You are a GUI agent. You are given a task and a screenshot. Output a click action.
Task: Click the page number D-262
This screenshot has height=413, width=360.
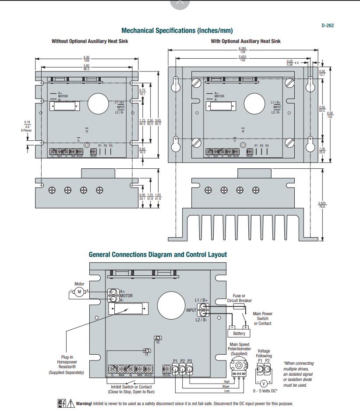click(x=327, y=25)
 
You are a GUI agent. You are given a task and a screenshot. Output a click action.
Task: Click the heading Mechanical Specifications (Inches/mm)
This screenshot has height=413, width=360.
click(x=177, y=31)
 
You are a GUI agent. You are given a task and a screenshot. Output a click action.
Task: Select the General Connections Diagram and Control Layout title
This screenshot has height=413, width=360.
click(x=158, y=254)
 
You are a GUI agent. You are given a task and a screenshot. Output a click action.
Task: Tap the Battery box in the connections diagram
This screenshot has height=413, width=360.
click(x=239, y=334)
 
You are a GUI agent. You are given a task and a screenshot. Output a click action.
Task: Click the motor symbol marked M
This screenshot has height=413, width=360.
click(x=79, y=292)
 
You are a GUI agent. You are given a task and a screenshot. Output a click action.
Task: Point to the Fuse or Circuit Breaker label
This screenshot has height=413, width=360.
click(x=239, y=298)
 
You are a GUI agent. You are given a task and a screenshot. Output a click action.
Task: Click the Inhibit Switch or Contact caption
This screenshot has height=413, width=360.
click(x=131, y=389)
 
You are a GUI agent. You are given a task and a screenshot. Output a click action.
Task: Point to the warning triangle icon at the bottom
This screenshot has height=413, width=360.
click(x=71, y=404)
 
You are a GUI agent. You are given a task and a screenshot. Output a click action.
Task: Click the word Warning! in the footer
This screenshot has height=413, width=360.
click(x=84, y=404)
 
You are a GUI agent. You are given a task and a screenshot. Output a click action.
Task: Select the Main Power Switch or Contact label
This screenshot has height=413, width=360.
click(x=263, y=319)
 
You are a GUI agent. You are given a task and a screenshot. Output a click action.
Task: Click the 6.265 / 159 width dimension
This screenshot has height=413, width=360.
click(x=242, y=50)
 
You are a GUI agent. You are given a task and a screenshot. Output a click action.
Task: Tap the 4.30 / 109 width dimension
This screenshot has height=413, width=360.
click(x=86, y=59)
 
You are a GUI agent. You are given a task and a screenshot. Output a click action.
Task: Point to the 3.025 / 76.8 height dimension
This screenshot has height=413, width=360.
click(x=322, y=205)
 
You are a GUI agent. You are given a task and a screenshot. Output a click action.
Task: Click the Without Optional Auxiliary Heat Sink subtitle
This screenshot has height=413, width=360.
click(x=90, y=41)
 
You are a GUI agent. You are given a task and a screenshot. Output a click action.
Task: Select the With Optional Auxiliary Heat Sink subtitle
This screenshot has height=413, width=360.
click(x=246, y=41)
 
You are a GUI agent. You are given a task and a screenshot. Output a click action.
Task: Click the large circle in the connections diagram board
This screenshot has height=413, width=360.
click(x=171, y=306)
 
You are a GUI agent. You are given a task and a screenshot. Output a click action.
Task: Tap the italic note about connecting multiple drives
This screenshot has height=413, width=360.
click(x=298, y=374)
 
